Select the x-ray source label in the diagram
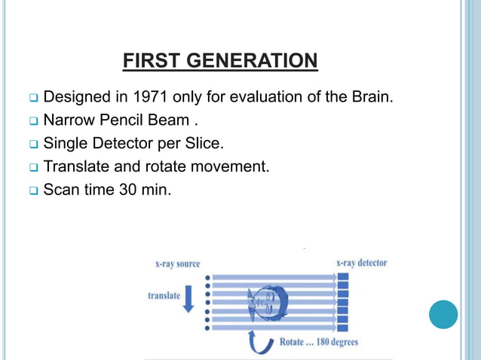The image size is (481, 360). [177, 263]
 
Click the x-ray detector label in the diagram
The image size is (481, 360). [361, 262]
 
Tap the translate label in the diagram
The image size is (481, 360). [164, 295]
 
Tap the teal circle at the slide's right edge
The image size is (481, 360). [443, 314]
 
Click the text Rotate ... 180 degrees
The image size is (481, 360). [318, 342]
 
